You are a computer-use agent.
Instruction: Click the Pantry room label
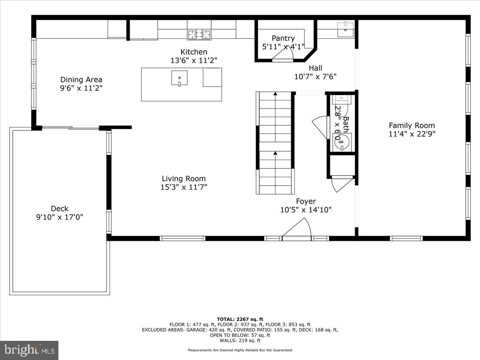(283, 38)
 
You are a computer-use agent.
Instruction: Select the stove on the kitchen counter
(199, 34)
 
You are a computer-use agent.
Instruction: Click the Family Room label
(412, 126)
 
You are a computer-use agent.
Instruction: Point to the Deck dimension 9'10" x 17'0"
(60, 217)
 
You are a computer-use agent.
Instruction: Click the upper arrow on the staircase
(275, 94)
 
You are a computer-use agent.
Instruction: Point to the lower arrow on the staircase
(275, 153)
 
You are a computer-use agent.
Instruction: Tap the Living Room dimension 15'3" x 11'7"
(184, 187)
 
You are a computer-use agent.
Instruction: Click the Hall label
(315, 68)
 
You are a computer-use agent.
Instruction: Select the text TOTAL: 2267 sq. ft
(240, 319)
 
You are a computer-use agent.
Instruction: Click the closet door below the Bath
(342, 183)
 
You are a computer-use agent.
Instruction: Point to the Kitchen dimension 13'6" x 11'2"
(194, 60)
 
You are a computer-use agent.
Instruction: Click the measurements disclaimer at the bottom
(240, 350)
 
